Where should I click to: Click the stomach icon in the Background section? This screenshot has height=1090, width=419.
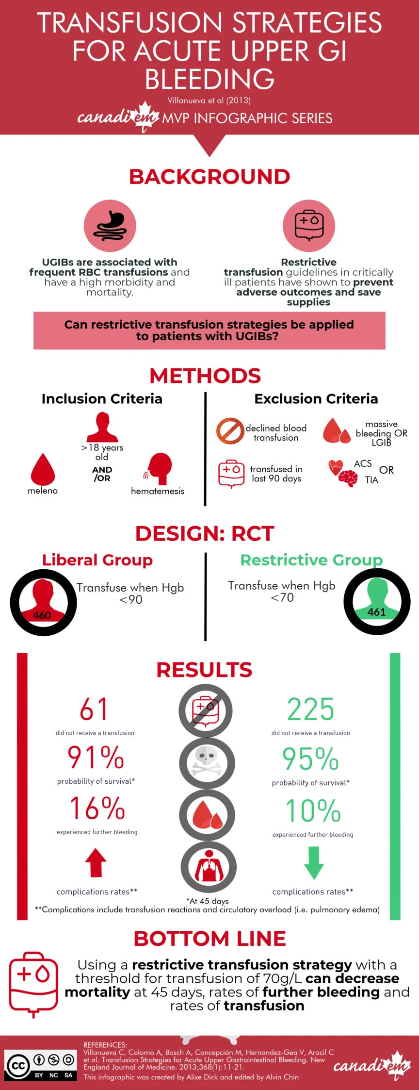tap(110, 226)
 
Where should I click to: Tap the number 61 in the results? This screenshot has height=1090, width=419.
tap(94, 710)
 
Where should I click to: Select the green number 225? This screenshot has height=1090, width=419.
tap(311, 710)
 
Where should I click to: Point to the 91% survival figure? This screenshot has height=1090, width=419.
tap(96, 758)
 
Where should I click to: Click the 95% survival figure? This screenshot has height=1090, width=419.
tap(310, 759)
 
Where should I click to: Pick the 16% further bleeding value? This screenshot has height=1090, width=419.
tap(97, 809)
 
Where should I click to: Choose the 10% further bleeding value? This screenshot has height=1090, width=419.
tap(313, 810)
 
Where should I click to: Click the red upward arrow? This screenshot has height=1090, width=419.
tap(96, 862)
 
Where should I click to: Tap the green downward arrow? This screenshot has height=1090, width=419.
tap(314, 863)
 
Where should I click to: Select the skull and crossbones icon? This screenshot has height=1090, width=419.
tap(207, 763)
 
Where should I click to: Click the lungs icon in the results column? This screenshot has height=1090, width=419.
tap(209, 867)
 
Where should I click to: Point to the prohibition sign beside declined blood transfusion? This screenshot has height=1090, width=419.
tap(230, 431)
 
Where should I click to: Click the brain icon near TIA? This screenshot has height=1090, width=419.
tap(348, 479)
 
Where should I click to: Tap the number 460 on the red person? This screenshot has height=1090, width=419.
tap(42, 615)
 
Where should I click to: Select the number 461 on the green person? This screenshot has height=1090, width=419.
tap(377, 612)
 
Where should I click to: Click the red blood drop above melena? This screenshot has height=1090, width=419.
tap(43, 469)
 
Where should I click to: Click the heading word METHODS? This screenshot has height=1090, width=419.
tap(205, 376)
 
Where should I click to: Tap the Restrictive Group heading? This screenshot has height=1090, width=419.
tap(311, 560)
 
